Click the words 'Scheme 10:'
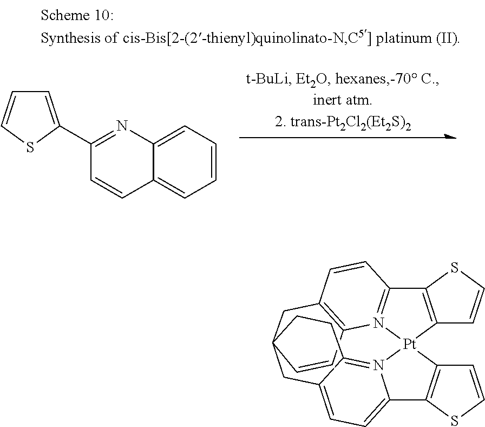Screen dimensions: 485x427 77,16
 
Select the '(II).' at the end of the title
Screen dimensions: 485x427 447,41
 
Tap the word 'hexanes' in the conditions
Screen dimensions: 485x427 359,80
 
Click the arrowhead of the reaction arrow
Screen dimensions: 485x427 450,138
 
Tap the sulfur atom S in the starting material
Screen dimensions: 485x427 30,147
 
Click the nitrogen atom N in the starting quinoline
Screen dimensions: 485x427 122,127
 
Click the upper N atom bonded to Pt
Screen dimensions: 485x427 378,324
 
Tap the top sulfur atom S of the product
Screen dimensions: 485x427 454,267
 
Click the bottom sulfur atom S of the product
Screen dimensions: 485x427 454,420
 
